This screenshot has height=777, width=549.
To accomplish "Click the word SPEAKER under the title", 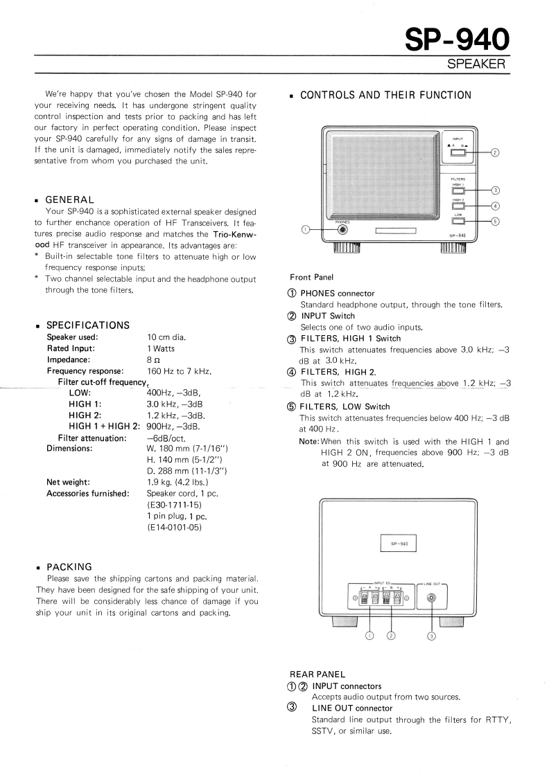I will point(477,64).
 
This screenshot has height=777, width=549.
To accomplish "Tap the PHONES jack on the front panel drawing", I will point(341,230).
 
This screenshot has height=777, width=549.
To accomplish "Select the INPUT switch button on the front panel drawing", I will point(458,153).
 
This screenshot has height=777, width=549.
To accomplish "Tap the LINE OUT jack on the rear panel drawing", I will point(432,596).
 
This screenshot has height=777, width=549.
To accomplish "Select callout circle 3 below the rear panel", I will point(432,635).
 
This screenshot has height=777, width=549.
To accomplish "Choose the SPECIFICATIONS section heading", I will point(87,325).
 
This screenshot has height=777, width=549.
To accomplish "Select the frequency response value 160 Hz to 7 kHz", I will point(179,372).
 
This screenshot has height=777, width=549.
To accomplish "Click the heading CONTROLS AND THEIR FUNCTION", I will point(385,95).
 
